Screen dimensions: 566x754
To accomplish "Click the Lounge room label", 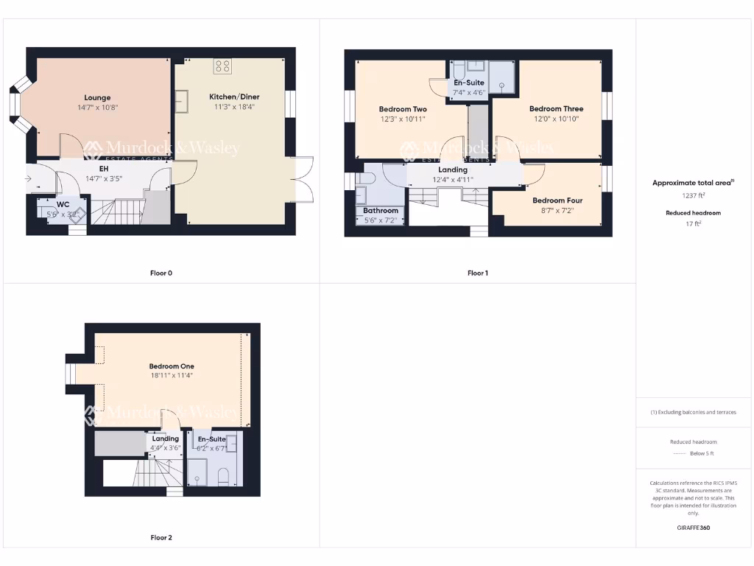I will pos(97,97).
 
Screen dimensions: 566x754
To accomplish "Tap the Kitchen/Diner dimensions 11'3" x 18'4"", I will pos(234,107).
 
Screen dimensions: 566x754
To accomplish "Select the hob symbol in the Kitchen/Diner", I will pos(222,67).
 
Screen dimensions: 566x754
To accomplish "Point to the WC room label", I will pos(63,205).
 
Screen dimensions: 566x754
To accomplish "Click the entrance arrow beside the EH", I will pos(29,178).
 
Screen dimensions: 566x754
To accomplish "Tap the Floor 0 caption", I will pos(161,273).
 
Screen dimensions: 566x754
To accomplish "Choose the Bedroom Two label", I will pos(403,109).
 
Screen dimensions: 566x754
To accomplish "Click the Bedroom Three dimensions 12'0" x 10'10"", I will pos(556,119).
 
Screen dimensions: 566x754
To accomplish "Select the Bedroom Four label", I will pos(557,200).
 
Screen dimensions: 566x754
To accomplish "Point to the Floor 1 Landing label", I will pos(453,170).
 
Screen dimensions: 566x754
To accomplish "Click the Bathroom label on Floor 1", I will pos(381,211).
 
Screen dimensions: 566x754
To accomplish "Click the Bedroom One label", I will pos(172,366).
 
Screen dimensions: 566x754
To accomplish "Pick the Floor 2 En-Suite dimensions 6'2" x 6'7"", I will pos(212,447).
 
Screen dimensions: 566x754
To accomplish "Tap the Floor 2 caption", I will pos(161,538).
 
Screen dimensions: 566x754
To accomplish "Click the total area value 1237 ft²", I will pos(692,196).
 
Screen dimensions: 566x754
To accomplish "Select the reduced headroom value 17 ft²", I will pos(692,223).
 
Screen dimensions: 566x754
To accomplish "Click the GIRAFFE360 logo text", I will pos(692,528).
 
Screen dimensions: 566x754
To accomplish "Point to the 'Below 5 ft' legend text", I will pos(702,453).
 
